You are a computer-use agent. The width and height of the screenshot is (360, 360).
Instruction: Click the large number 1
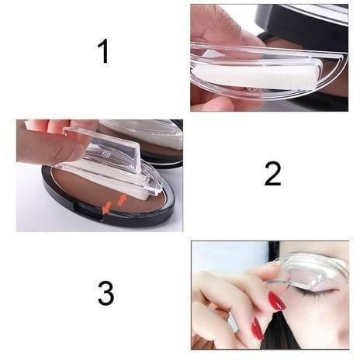coord(104,51)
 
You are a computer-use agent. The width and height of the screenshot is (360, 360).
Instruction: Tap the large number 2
coord(272,174)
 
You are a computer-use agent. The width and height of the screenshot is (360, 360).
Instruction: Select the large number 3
coord(106,293)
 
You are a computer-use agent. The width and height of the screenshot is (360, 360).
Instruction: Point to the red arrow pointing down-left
coord(107,207)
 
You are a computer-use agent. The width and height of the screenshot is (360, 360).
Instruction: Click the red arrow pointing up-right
coord(122,200)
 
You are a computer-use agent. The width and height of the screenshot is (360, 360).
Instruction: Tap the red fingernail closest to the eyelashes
coord(277,301)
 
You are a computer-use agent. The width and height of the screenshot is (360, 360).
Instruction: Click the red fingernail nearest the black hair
coord(258,328)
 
